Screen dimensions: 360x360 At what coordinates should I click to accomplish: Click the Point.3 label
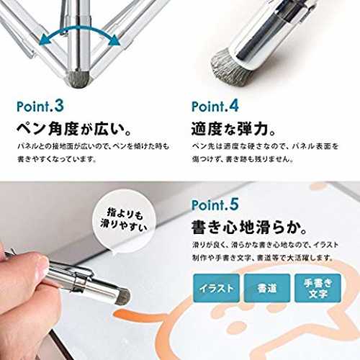coord(40,106)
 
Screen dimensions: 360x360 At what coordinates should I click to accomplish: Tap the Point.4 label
coord(215,106)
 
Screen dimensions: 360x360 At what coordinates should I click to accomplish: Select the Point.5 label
coord(215,204)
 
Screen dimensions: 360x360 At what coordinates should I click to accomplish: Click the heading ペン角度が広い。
coord(74,129)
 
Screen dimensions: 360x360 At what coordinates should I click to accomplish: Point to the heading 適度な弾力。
coord(233,129)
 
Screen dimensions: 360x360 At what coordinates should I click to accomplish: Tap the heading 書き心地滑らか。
coord(249,228)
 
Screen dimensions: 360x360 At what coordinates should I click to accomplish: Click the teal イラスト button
coord(216,288)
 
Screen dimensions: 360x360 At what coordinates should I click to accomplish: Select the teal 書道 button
coord(267,288)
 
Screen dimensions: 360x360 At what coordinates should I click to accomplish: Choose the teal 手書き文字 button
coord(318,288)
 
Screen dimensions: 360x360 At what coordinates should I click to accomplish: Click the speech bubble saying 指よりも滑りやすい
coord(124,221)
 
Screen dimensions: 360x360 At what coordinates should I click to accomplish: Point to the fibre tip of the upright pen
coord(78,80)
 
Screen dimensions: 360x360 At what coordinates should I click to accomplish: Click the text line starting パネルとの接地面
coord(94,146)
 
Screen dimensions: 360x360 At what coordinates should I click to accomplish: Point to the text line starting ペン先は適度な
coord(265,146)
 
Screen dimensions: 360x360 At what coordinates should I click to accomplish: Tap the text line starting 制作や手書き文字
coord(263,258)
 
